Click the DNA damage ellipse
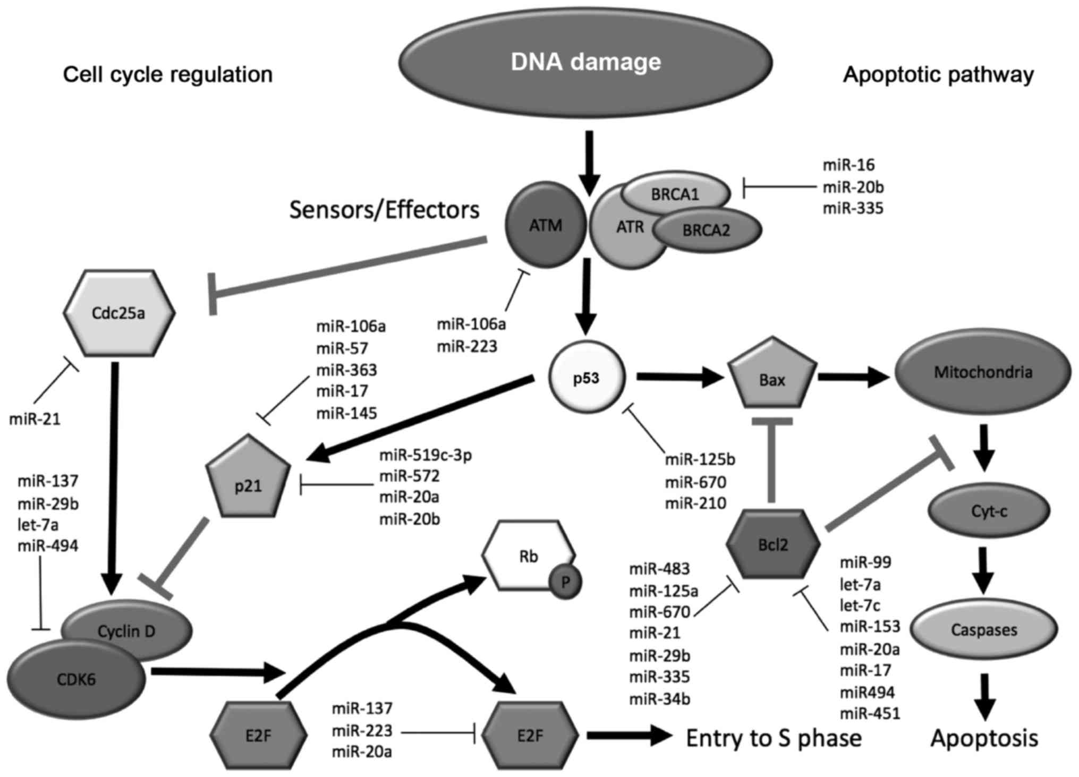click(585, 63)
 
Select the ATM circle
click(546, 226)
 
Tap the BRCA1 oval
click(675, 194)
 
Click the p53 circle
click(587, 378)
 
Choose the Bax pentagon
click(772, 378)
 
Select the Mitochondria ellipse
click(983, 372)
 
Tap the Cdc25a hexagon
click(118, 313)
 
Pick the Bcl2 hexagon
click(773, 544)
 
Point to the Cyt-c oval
click(989, 511)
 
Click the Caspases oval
click(983, 630)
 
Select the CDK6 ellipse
click(77, 679)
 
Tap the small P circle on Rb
click(565, 583)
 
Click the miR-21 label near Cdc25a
click(35, 420)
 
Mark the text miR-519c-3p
click(426, 455)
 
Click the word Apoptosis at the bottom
click(984, 739)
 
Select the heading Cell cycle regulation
click(168, 74)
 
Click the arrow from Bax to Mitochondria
click(853, 378)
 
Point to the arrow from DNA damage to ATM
click(589, 162)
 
